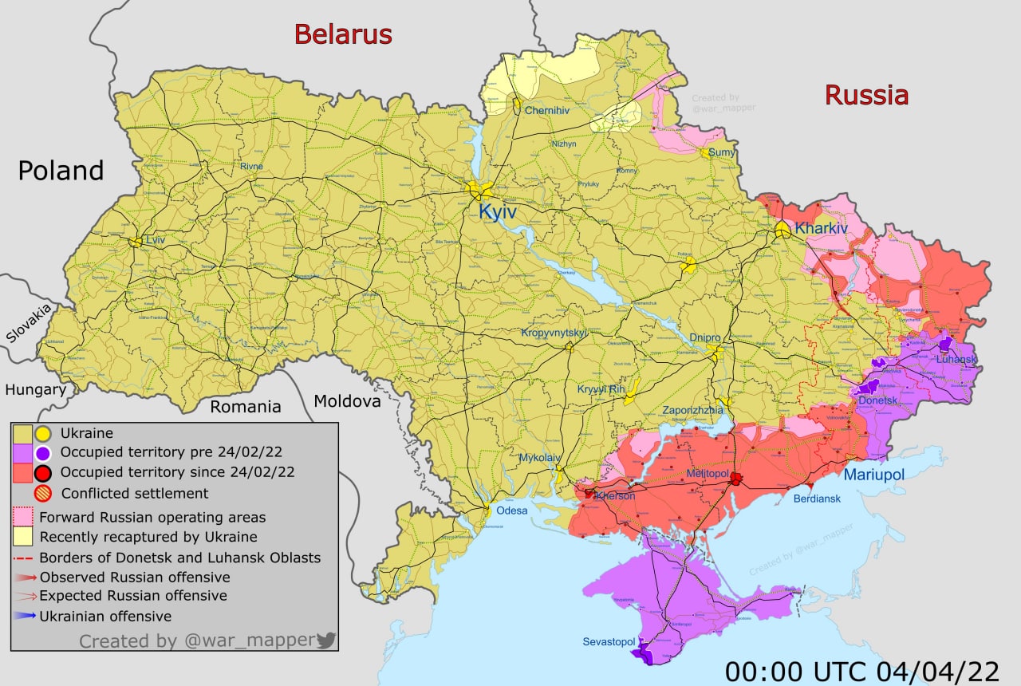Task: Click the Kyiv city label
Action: [x=497, y=213]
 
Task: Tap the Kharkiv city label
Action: [x=821, y=228]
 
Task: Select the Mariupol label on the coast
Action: [x=874, y=475]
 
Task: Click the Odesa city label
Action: [x=511, y=511]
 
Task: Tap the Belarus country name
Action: [x=343, y=34]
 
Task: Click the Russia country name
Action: [x=866, y=95]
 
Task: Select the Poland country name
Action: [x=61, y=171]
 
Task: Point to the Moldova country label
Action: [x=347, y=401]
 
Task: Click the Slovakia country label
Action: [x=28, y=323]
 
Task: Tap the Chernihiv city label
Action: [x=546, y=110]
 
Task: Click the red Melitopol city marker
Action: [x=736, y=479]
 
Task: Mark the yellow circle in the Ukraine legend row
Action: [x=43, y=434]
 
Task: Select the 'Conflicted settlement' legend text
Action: [x=134, y=493]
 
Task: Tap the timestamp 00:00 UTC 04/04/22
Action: [x=862, y=670]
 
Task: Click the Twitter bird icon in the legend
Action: [x=325, y=640]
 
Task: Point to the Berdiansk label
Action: [x=817, y=499]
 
